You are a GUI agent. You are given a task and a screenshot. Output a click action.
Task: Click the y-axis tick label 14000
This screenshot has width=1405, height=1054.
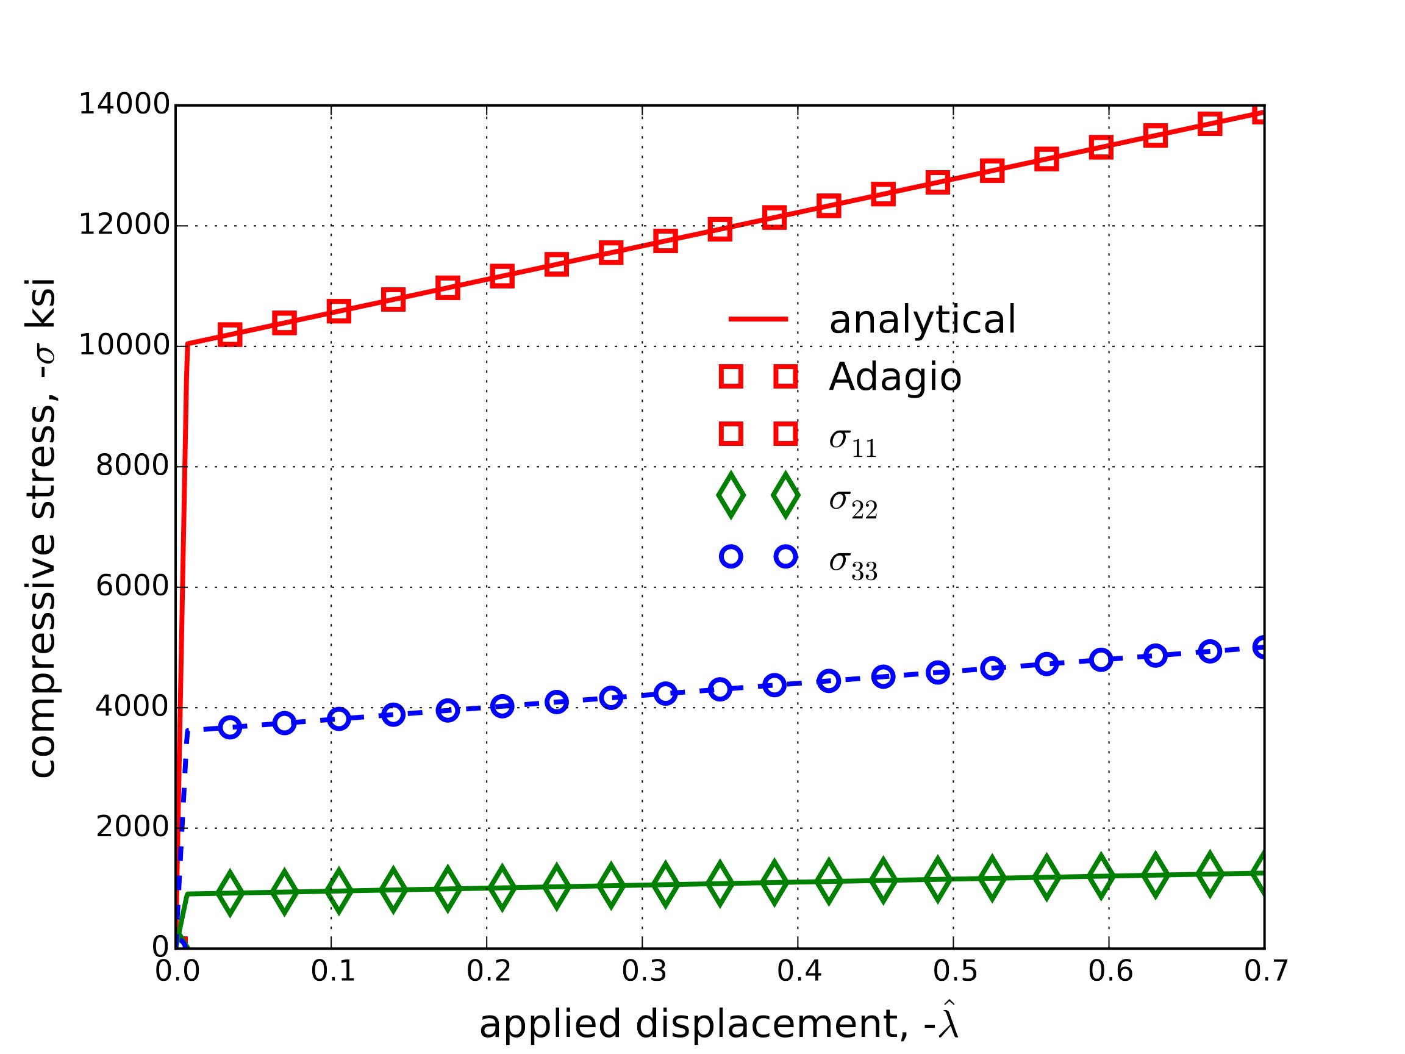click(x=124, y=104)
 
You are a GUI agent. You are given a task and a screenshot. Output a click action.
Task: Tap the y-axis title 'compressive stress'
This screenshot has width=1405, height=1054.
click(x=42, y=528)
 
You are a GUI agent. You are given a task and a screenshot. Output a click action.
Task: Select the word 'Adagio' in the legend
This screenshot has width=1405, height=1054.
click(x=895, y=377)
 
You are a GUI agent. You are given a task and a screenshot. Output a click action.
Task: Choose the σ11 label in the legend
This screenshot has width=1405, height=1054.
click(x=853, y=440)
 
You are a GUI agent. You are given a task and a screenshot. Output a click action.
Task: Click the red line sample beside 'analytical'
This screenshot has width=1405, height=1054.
click(x=758, y=319)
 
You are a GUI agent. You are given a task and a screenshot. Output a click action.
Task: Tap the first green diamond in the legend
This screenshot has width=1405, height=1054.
click(x=731, y=495)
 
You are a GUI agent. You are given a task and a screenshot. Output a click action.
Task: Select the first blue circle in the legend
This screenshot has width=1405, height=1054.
click(x=731, y=556)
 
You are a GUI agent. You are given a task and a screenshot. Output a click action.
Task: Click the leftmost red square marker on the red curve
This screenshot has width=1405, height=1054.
click(x=229, y=334)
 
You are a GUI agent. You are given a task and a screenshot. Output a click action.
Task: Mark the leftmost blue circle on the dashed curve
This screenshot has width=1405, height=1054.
click(x=229, y=728)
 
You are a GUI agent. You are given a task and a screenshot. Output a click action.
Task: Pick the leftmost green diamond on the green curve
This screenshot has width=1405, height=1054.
click(x=229, y=892)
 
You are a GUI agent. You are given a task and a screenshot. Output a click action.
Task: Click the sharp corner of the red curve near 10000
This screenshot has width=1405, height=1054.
click(x=187, y=345)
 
